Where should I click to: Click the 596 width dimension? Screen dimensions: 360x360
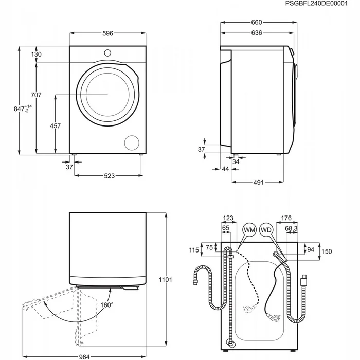pyautogui.click(x=107, y=33)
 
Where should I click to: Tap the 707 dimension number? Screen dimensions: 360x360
pyautogui.click(x=35, y=95)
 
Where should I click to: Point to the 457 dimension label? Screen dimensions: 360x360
pyautogui.click(x=55, y=126)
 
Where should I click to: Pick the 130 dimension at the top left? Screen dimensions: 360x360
pyautogui.click(x=36, y=55)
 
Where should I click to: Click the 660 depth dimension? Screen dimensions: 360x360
pyautogui.click(x=257, y=22)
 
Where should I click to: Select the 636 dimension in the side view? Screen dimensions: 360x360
pyautogui.click(x=257, y=33)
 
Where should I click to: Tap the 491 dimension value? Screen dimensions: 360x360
pyautogui.click(x=258, y=182)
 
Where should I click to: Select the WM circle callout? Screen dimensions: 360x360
pyautogui.click(x=249, y=229)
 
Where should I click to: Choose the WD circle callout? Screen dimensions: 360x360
pyautogui.click(x=266, y=229)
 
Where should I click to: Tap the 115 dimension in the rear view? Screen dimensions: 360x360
pyautogui.click(x=193, y=250)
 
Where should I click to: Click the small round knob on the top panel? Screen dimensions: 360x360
pyautogui.click(x=108, y=52)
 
